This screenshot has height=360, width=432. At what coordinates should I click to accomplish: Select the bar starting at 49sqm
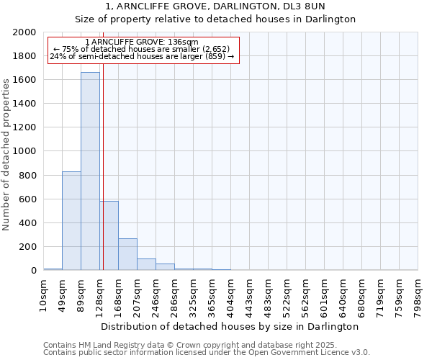point(71,220)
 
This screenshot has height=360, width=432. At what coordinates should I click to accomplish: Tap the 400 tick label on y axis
point(30,222)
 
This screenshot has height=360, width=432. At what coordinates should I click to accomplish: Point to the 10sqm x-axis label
point(43,292)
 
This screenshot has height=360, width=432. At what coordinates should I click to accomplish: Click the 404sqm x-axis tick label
point(230,292)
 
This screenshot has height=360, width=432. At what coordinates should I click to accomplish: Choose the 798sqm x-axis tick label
point(418,292)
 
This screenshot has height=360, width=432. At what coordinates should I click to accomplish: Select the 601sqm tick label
point(324,292)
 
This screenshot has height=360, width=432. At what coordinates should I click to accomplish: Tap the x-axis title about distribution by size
point(230,326)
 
